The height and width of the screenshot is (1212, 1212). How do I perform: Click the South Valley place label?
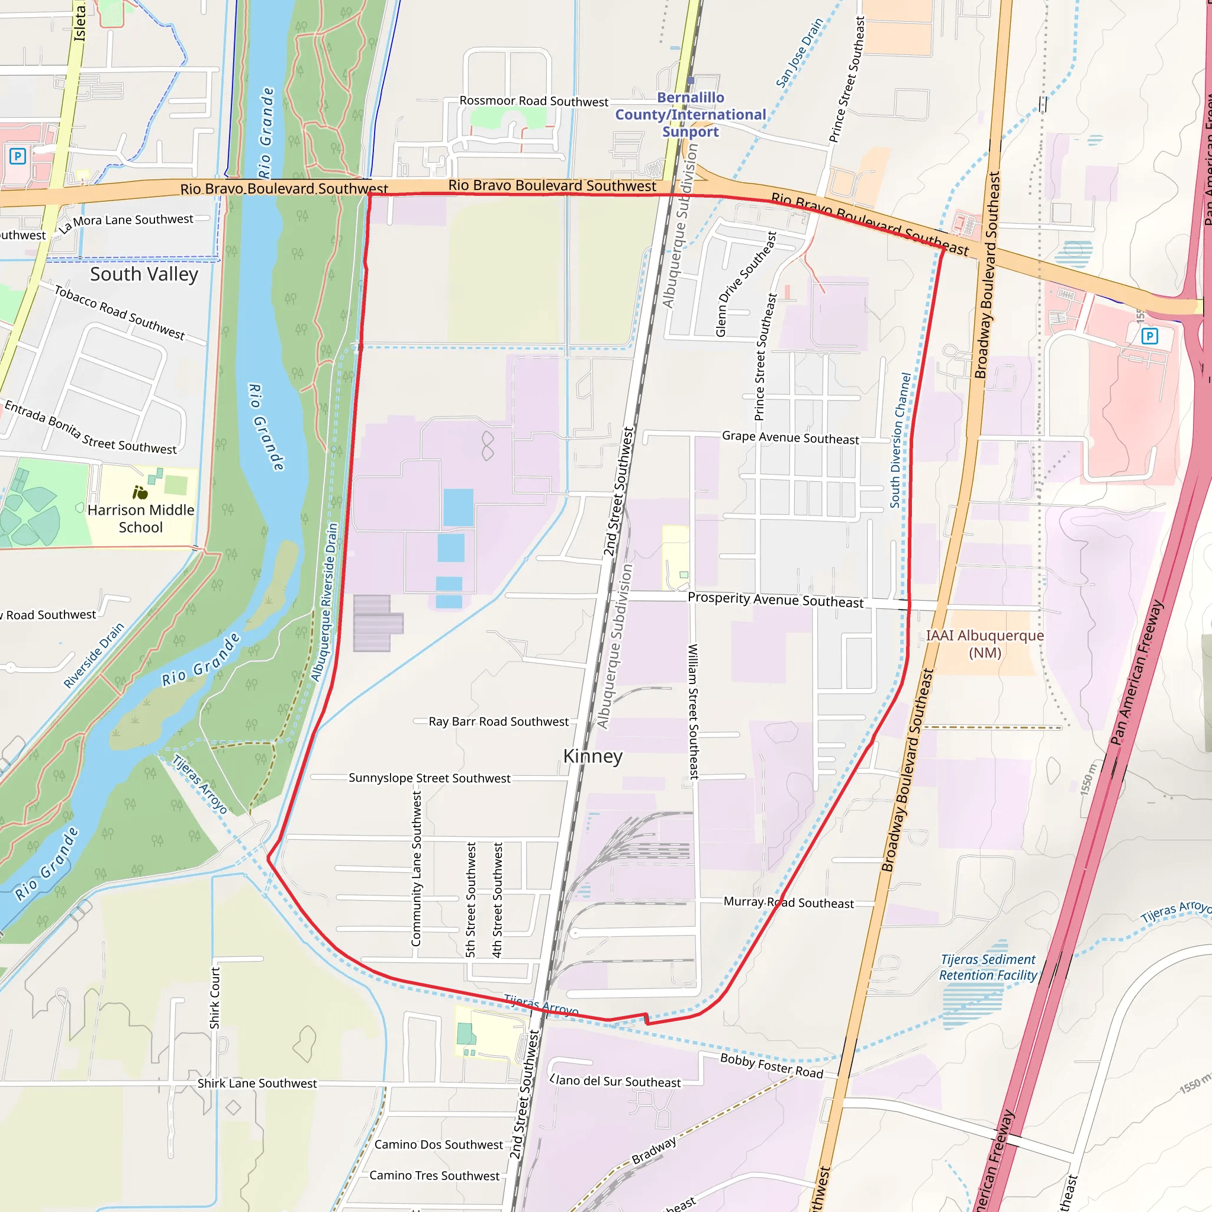coord(144,274)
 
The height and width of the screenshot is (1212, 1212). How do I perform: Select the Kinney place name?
coord(593,756)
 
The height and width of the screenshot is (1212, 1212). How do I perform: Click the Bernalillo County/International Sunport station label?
coord(690,114)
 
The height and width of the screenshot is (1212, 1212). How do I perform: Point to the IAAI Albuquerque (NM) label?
coord(985,644)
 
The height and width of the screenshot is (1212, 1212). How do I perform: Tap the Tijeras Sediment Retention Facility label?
coord(988,968)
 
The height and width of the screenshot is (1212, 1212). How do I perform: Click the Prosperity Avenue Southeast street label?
coord(775,599)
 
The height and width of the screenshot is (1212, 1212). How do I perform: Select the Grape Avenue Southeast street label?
coord(790,437)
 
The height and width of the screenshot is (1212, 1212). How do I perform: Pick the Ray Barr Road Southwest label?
coord(498,721)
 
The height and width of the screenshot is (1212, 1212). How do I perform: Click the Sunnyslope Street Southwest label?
coord(429,778)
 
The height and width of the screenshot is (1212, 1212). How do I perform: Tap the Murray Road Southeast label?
coord(788,902)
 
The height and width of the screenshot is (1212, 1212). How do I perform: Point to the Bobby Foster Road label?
coord(771,1066)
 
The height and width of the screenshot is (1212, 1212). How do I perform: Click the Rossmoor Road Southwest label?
coord(534,101)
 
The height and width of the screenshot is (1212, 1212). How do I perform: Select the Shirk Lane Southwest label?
coord(257,1084)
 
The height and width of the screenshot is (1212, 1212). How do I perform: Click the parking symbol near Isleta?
coord(18,156)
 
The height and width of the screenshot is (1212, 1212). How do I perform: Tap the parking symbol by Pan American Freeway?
coord(1149,336)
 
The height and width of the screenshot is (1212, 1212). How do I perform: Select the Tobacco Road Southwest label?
coord(119,312)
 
